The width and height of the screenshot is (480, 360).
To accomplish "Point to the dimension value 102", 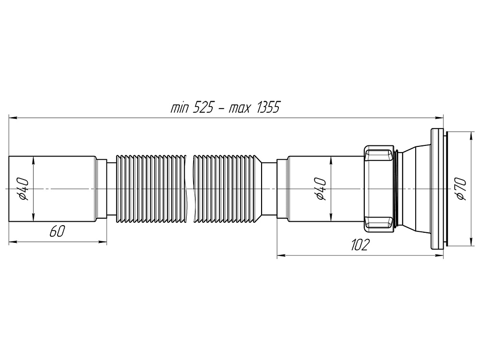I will click(x=359, y=245).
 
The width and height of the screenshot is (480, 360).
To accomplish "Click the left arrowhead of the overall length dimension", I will click(x=12, y=117).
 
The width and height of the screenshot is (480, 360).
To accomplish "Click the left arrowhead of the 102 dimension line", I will click(x=280, y=255).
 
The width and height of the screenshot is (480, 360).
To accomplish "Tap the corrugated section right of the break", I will click(x=226, y=189).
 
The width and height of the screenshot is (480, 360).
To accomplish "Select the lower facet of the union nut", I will click(x=379, y=222).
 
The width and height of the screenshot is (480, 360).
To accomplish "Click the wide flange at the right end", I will click(x=437, y=189).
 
